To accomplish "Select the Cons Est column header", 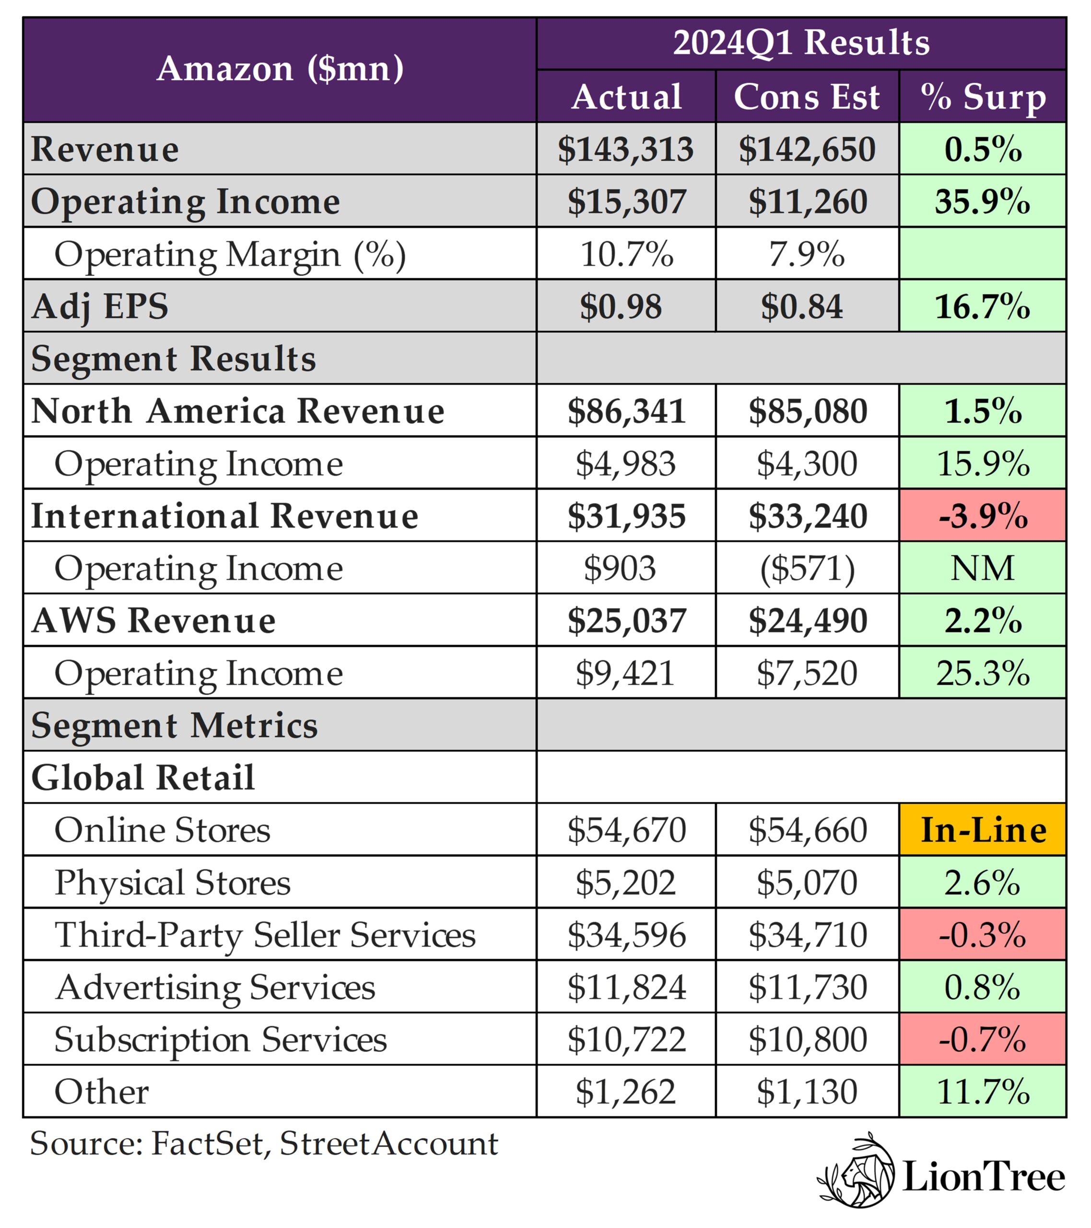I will click(806, 97).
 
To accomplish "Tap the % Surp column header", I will click(983, 97).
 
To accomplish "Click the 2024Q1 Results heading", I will click(801, 43).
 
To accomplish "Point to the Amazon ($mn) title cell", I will click(280, 69).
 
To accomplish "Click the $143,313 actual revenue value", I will click(625, 149).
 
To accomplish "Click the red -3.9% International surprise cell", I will click(983, 516).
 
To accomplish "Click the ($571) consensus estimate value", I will click(807, 568).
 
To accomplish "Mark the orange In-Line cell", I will click(983, 830).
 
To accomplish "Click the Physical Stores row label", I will click(173, 883).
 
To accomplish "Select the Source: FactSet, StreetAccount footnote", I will click(264, 1143).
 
